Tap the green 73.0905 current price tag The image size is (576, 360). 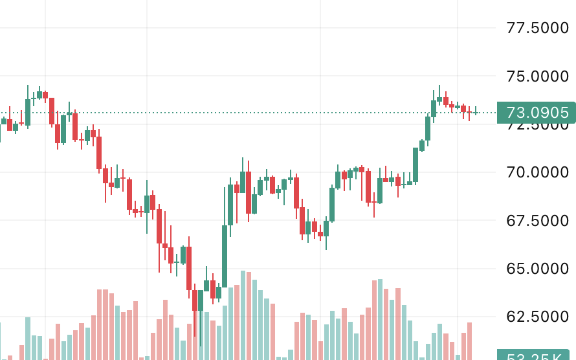536,113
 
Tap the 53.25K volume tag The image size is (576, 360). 536,355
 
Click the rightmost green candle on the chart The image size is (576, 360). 476,113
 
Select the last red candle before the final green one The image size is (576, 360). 469,112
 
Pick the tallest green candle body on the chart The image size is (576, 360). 225,256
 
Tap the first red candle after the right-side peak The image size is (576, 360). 446,101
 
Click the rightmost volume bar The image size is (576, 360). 469,341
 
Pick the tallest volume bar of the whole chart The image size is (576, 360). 243,315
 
